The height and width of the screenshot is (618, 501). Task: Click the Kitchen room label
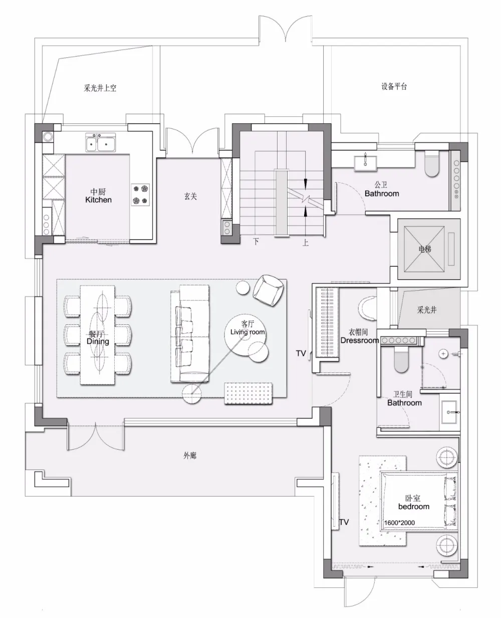click(98, 199)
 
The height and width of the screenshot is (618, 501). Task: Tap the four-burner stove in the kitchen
click(140, 194)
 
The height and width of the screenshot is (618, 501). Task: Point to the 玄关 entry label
click(190, 196)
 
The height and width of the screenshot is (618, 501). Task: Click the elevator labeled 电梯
click(425, 249)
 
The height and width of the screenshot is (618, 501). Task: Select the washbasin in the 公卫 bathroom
click(366, 161)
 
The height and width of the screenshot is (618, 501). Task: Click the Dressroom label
click(359, 340)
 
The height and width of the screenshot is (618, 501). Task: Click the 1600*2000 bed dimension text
click(399, 523)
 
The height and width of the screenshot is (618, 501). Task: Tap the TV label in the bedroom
click(344, 522)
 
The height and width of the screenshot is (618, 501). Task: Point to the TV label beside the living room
click(301, 353)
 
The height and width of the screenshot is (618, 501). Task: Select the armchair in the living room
click(269, 290)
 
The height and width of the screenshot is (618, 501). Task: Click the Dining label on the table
click(98, 341)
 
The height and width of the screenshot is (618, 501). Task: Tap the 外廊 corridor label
click(189, 456)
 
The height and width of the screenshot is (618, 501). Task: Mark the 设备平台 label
click(394, 86)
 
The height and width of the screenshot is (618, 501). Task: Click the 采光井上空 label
click(100, 88)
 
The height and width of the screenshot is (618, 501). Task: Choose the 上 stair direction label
click(305, 243)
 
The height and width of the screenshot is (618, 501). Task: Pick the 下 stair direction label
click(256, 242)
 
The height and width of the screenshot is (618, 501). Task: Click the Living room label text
click(247, 332)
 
